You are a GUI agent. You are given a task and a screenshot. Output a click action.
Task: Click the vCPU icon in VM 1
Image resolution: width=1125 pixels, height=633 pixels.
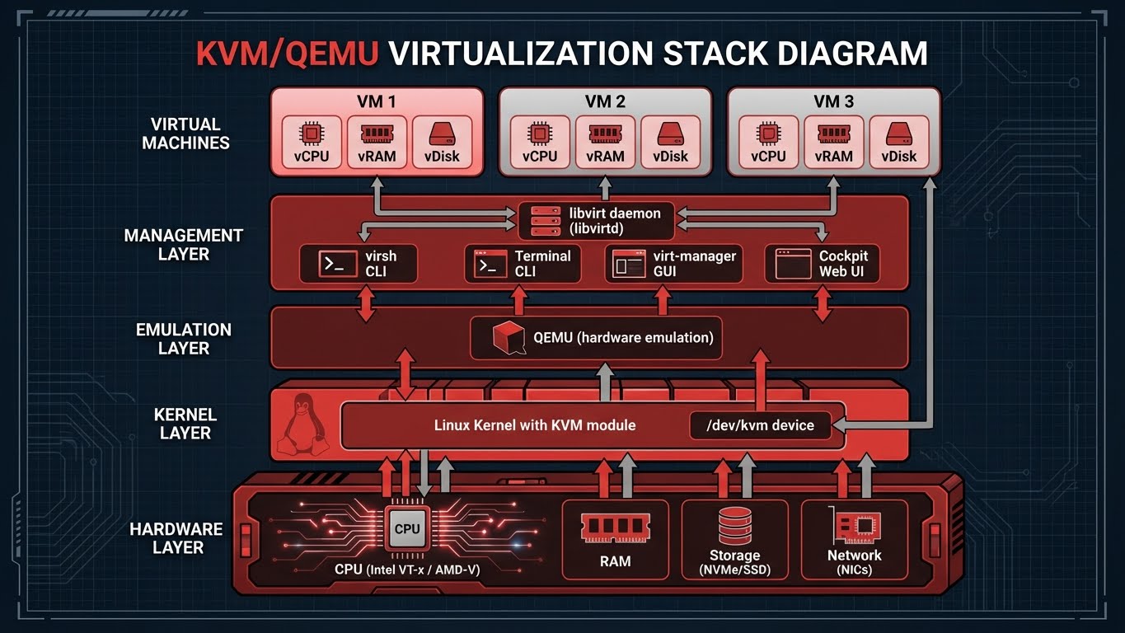[x=311, y=134]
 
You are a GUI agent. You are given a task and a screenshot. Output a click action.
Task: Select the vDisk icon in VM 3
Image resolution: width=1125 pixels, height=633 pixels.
[x=898, y=134]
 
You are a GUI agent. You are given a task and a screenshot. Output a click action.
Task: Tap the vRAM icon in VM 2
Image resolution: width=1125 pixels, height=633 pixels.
[x=605, y=134]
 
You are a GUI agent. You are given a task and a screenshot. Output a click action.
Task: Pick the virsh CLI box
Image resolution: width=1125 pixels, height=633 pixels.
[x=358, y=264]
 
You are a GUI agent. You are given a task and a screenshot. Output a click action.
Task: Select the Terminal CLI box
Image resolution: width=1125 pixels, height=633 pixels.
[x=522, y=264]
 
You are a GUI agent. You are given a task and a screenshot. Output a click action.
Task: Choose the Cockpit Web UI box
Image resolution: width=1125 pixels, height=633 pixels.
[x=822, y=264]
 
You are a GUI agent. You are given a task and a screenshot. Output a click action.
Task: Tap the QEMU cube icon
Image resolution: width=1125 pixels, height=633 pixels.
[x=509, y=338]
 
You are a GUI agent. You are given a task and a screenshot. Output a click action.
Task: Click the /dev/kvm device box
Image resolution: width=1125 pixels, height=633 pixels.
[x=759, y=425]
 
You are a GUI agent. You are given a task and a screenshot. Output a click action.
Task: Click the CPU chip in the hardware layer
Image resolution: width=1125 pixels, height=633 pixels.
[x=406, y=528]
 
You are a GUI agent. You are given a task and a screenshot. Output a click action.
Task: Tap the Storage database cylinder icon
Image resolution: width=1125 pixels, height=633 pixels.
[x=734, y=525]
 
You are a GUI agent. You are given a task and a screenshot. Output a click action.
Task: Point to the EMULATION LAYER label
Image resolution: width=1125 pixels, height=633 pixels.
[x=183, y=339]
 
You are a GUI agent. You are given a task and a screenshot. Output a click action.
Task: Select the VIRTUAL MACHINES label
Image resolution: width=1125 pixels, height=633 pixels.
[x=185, y=134]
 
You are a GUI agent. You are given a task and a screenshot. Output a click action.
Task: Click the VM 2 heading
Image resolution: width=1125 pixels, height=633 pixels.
[x=605, y=101]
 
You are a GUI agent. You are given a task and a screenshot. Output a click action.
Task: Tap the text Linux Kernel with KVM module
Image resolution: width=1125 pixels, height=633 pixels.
[x=535, y=425]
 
